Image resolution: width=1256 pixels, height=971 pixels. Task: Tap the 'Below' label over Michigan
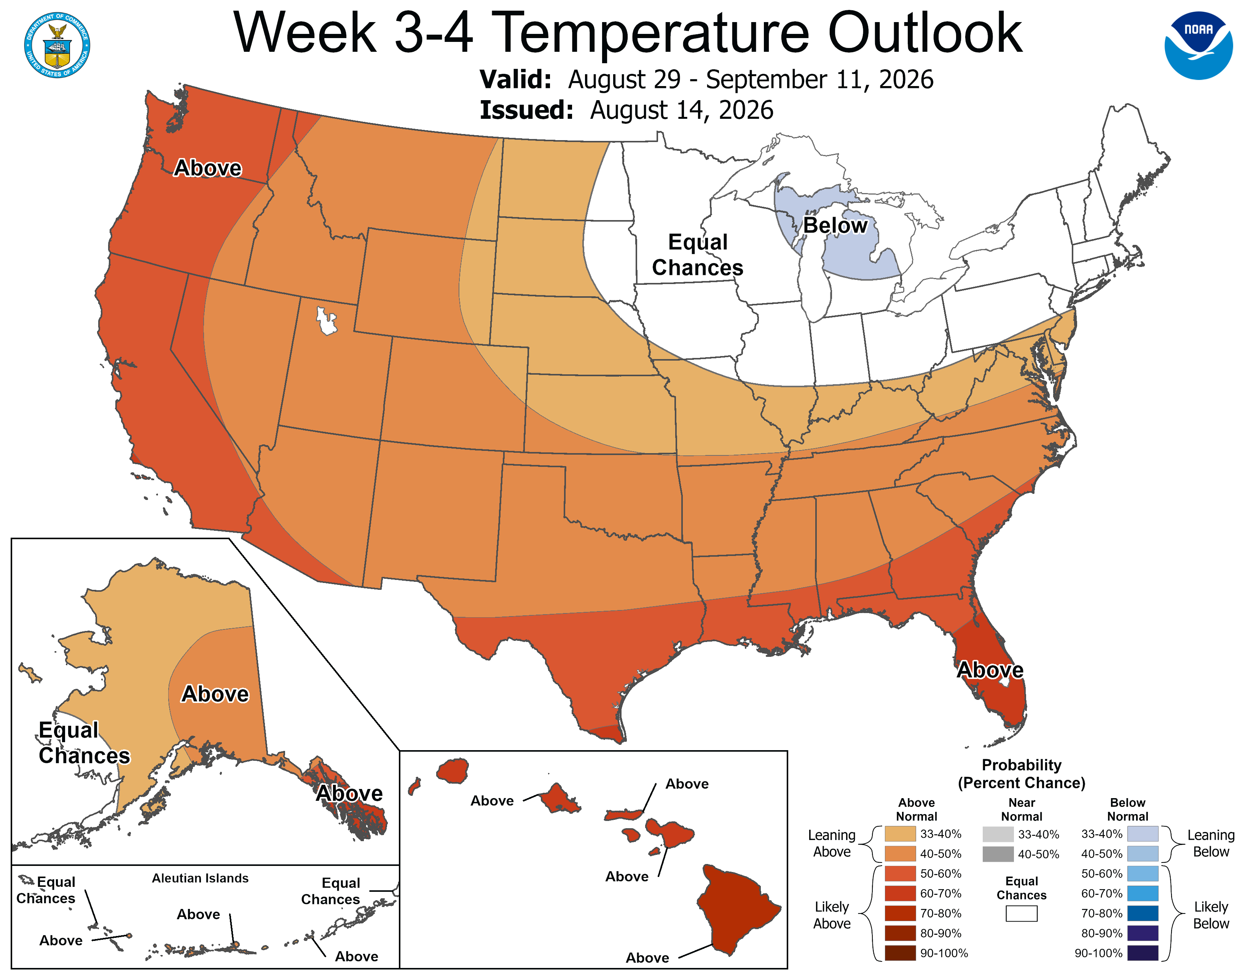point(835,225)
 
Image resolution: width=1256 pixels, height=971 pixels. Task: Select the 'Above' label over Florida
point(990,670)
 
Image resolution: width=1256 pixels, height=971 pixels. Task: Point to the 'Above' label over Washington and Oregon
point(207,168)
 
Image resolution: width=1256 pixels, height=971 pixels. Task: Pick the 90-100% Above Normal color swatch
point(900,953)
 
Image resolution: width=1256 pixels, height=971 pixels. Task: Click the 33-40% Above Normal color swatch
point(900,834)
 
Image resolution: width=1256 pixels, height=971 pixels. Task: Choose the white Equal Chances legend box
point(1022,914)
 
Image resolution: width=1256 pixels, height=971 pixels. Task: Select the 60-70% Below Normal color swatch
point(1143,893)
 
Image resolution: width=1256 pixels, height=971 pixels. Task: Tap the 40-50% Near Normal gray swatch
point(998,854)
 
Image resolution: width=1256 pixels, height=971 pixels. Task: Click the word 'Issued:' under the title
point(526,110)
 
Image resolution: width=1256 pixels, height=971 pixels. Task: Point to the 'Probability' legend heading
point(1022,765)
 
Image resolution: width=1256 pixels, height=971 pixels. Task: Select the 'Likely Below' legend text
point(1211,915)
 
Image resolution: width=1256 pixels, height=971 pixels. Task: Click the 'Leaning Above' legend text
point(832,843)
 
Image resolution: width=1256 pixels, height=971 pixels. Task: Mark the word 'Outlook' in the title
point(925,34)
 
